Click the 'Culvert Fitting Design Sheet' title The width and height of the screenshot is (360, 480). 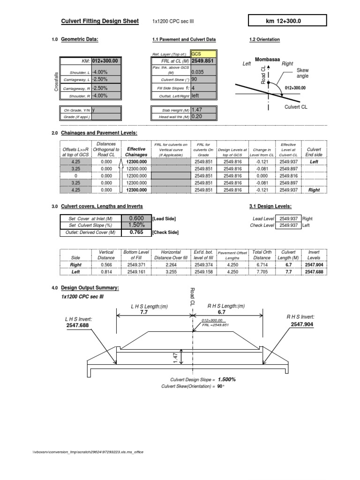point(100,21)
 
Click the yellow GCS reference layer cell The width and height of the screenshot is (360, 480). point(203,54)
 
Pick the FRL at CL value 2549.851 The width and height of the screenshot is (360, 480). point(203,61)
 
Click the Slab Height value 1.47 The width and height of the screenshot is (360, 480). point(203,109)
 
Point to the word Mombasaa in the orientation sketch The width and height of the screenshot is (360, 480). point(268,60)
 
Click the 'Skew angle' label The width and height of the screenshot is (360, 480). point(303,73)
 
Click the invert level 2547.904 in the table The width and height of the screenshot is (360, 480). point(314,264)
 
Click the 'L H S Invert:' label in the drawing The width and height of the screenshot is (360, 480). point(79,319)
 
